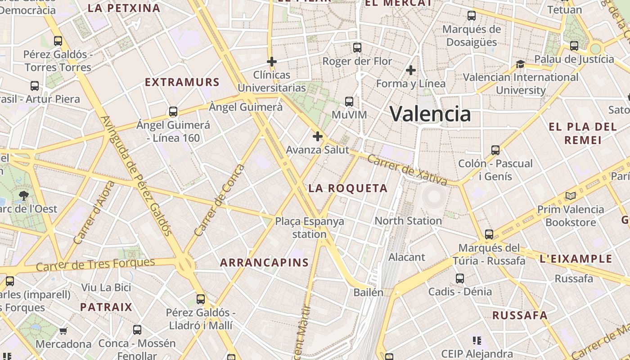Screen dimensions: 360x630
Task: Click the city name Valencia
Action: [430, 113]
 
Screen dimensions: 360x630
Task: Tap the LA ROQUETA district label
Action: [348, 189]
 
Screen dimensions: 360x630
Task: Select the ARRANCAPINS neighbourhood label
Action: [264, 263]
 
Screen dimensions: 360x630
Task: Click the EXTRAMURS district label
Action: [182, 82]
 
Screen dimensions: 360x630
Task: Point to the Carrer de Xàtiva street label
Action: [407, 170]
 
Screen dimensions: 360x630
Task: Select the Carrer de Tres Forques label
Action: [95, 265]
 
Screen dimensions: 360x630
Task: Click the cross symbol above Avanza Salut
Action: [318, 136]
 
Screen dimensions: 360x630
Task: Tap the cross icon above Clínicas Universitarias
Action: [271, 61]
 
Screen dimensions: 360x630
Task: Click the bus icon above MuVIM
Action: [349, 101]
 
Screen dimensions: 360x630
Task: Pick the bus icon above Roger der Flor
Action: [357, 47]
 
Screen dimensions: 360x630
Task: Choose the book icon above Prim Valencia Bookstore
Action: [571, 196]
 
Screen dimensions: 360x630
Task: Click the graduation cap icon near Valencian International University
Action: [521, 64]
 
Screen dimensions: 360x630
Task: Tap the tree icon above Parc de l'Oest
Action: [23, 195]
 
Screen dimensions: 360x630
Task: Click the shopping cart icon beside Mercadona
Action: [63, 331]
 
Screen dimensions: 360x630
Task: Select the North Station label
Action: [408, 220]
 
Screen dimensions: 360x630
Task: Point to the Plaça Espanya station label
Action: [310, 228]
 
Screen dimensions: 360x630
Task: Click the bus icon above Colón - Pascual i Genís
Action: [495, 150]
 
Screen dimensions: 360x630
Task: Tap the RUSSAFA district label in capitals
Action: [520, 315]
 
